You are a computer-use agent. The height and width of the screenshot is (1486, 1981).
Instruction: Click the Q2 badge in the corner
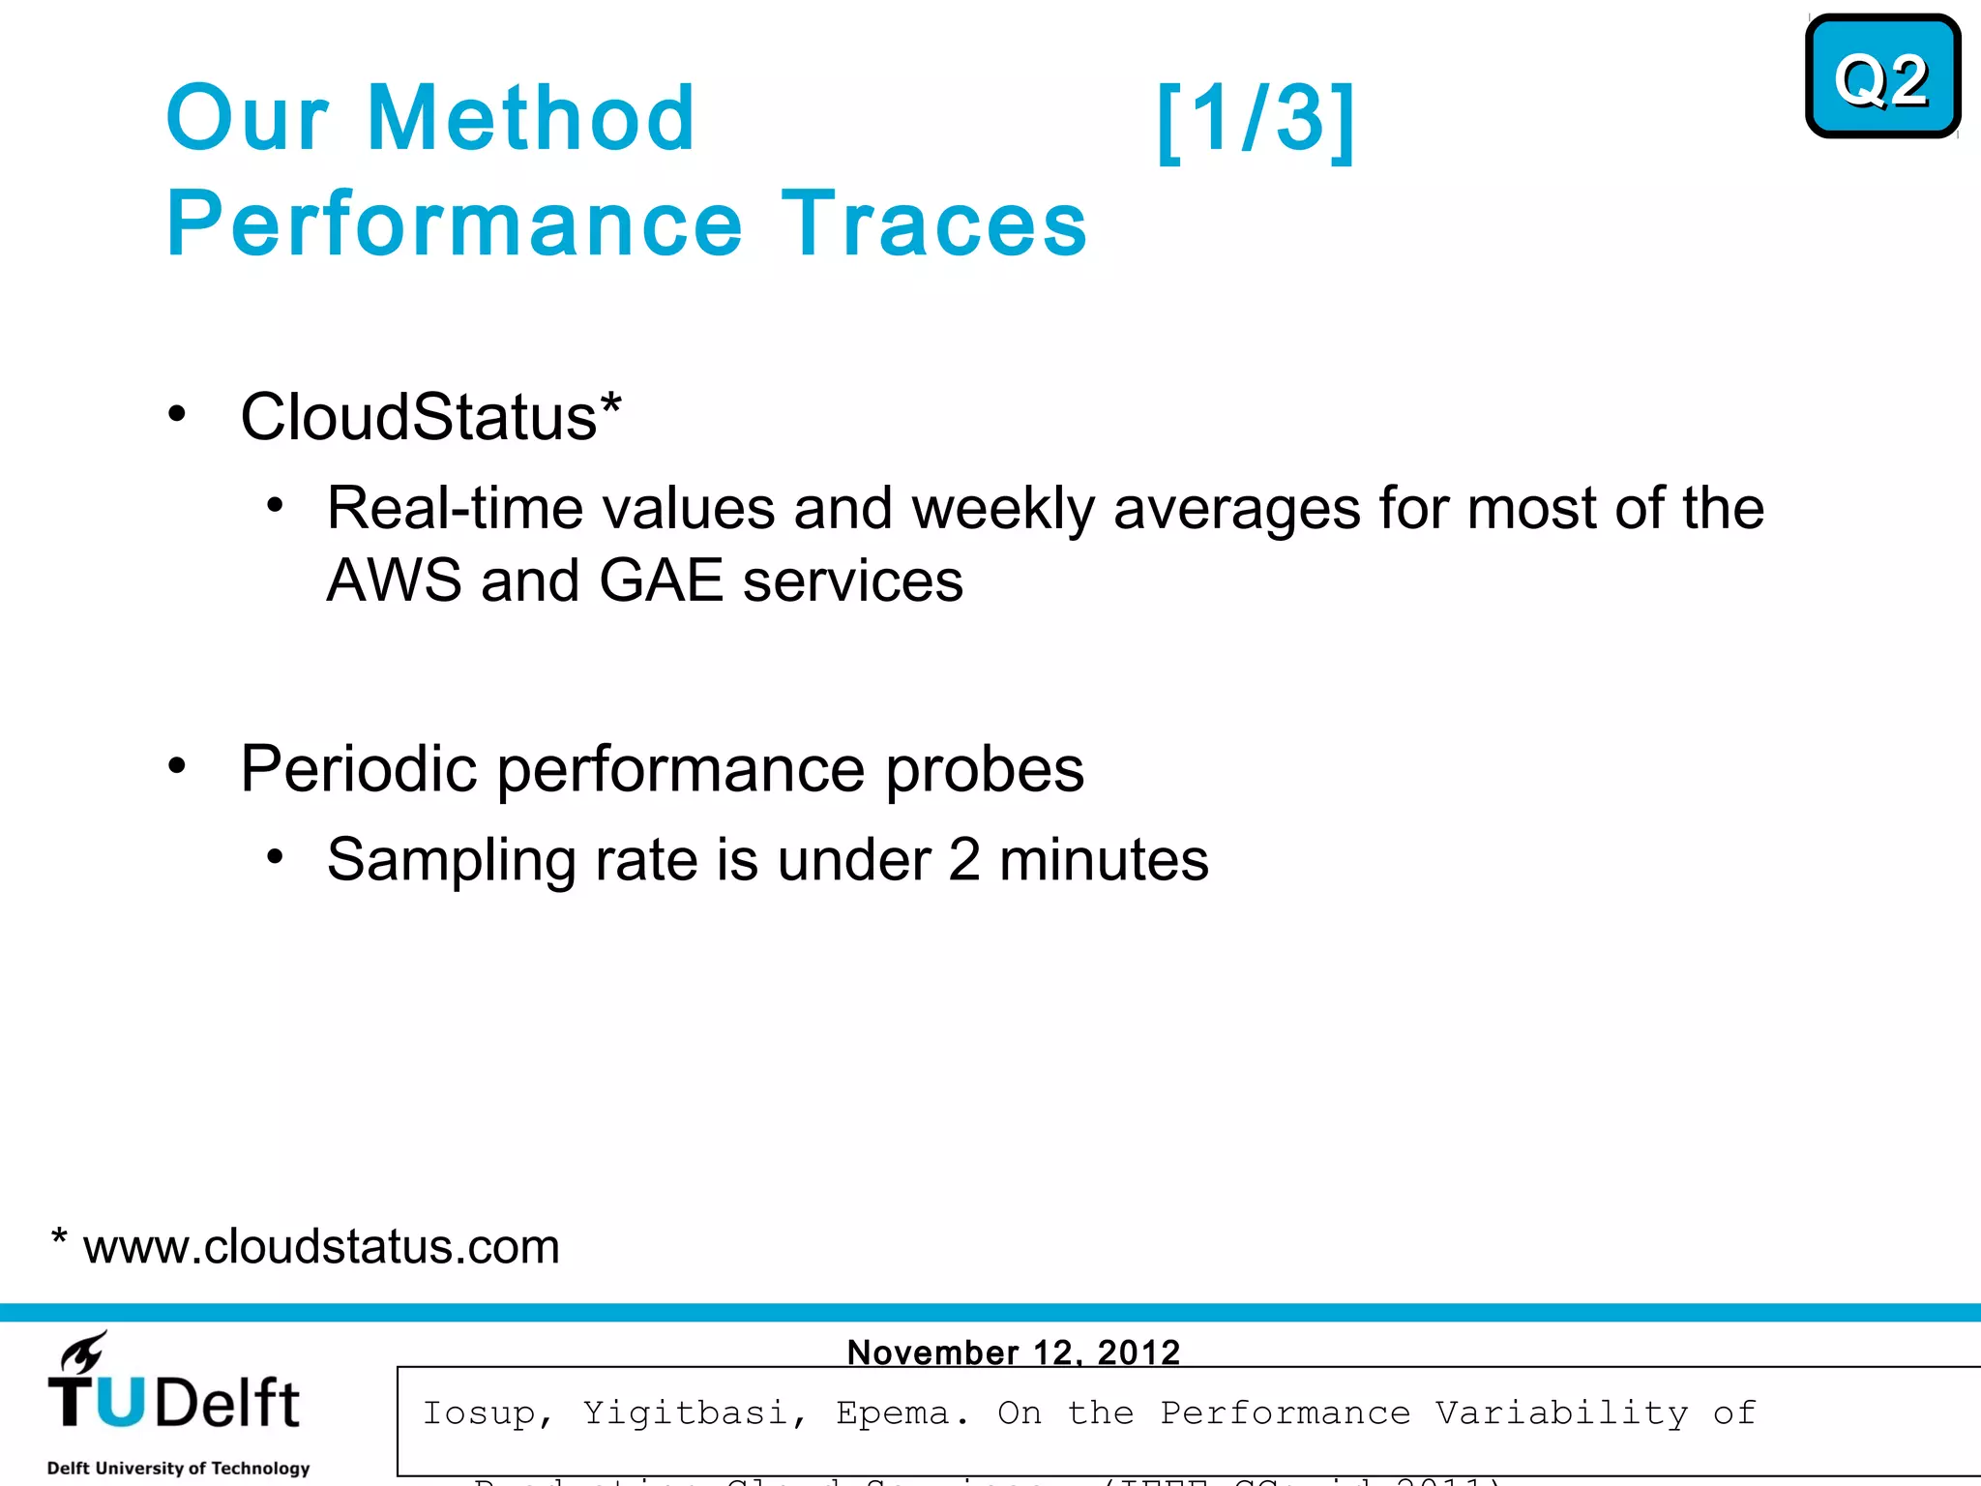point(1881,77)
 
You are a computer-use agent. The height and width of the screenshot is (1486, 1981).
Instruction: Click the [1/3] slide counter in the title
point(1256,120)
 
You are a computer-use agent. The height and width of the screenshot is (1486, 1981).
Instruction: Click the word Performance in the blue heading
point(455,223)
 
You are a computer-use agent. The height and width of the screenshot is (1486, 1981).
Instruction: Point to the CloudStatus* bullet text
point(430,417)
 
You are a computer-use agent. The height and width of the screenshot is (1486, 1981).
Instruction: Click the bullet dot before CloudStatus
point(176,414)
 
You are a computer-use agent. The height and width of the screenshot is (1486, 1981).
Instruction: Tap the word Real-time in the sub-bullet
point(454,508)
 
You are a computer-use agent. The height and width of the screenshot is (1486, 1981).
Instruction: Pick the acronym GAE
point(661,580)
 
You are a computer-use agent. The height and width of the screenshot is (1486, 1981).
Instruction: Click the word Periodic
point(359,769)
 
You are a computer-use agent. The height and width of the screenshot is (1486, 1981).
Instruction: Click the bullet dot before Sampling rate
point(276,856)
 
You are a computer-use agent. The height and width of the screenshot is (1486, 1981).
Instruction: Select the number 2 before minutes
point(963,859)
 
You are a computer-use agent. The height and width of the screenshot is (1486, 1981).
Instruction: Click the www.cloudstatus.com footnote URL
point(321,1246)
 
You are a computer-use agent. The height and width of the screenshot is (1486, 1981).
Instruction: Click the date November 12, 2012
point(1013,1352)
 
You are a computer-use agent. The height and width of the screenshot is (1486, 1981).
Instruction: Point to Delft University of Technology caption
point(178,1468)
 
